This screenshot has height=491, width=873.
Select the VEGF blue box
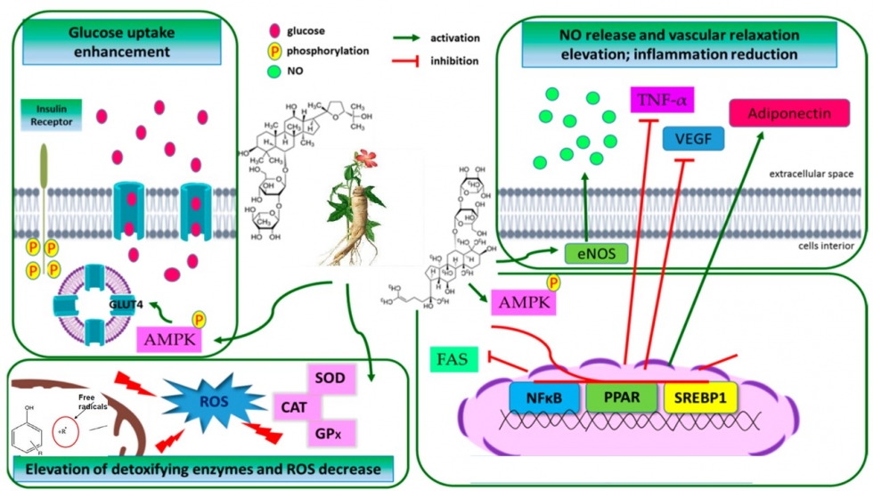[x=693, y=138]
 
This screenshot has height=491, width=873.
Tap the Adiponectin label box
[x=777, y=114]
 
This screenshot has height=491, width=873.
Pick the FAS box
[x=453, y=360]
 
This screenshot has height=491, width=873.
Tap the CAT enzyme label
[x=296, y=408]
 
